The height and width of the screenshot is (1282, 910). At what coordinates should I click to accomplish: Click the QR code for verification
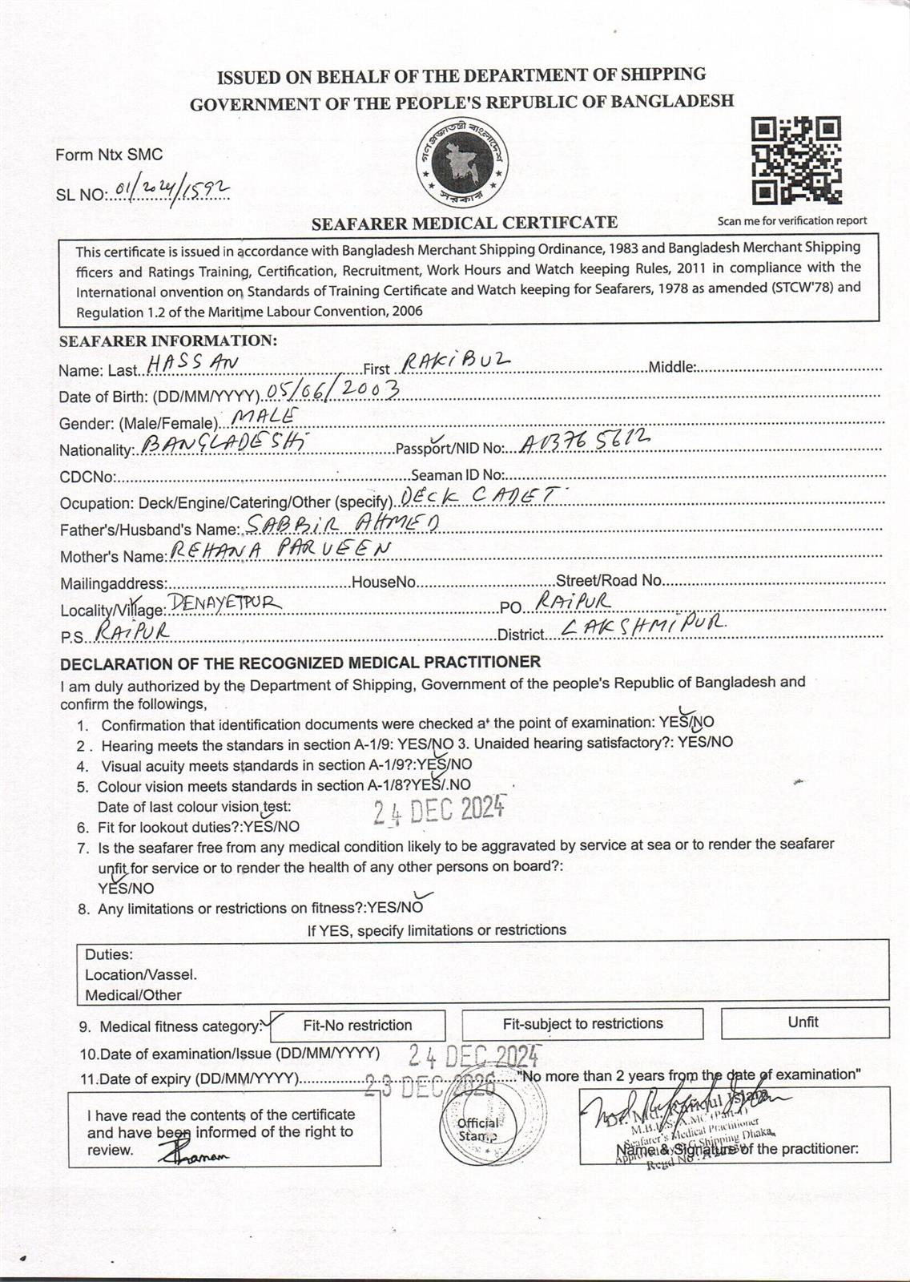(x=796, y=160)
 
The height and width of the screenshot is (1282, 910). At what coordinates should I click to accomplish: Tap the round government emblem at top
(x=461, y=163)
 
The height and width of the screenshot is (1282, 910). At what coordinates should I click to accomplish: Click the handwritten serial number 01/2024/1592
(x=172, y=188)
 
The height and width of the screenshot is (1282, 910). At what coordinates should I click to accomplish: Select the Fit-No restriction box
(x=357, y=1025)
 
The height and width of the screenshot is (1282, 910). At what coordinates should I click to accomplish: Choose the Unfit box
(x=803, y=1022)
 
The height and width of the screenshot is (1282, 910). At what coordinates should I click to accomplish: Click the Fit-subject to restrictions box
(x=582, y=1023)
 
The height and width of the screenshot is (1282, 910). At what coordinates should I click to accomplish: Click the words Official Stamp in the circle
(x=478, y=1130)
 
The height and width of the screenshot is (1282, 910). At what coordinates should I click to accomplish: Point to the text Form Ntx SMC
(x=109, y=155)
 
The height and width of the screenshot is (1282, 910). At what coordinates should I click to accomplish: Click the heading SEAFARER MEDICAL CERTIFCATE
(x=465, y=223)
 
